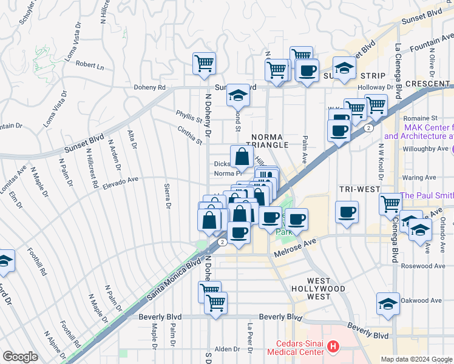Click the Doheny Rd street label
pos(154,87)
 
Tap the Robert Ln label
pos(90,65)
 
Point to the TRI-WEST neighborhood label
pos(359,189)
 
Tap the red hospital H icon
pos(333,347)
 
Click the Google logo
pos(20,357)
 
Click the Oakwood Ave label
pos(422,300)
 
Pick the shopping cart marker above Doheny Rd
pos(205,64)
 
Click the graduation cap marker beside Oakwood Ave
pos(388,305)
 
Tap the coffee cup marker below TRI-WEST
pos(347,214)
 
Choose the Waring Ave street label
pos(422,178)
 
